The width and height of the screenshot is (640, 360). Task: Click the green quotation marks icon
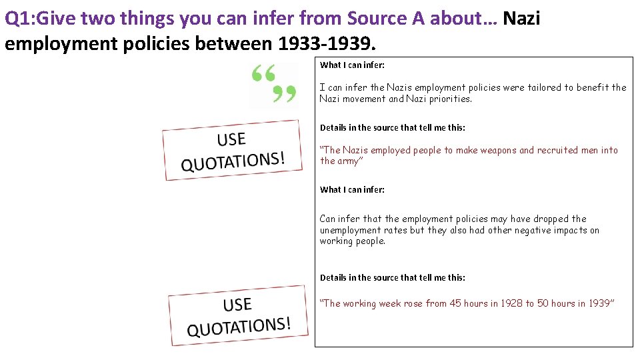pyautogui.click(x=273, y=85)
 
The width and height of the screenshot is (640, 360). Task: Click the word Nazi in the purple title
pyautogui.click(x=521, y=18)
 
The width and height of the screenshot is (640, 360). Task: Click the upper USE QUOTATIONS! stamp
pyautogui.click(x=232, y=150)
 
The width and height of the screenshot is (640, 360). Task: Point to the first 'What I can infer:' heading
pyautogui.click(x=352, y=65)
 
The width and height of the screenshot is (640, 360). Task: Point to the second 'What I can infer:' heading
pyautogui.click(x=352, y=190)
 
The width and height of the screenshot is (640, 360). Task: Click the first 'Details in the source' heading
pyautogui.click(x=393, y=127)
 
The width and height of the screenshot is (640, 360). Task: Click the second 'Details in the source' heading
pyautogui.click(x=393, y=277)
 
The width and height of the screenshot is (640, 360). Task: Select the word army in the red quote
pyautogui.click(x=348, y=161)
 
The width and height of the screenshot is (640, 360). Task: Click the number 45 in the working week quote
pyautogui.click(x=455, y=304)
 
